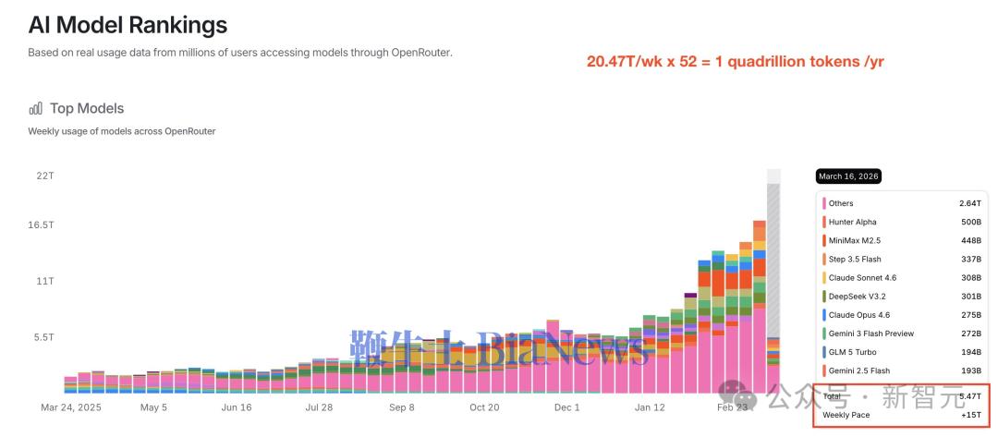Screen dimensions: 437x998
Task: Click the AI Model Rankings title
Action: coord(128,25)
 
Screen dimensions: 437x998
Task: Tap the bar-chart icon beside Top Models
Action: coord(36,109)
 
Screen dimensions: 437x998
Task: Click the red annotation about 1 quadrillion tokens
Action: coord(736,61)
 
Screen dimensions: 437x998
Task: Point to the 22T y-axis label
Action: coord(45,176)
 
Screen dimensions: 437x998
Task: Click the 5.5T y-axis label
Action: coord(44,338)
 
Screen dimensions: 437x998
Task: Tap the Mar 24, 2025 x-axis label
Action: coord(71,407)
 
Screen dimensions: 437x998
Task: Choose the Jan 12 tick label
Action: coord(649,407)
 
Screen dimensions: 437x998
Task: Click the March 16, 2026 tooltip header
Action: coord(849,176)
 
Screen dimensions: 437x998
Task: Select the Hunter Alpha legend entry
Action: coord(852,222)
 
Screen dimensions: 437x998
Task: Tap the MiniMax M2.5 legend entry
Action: coord(855,240)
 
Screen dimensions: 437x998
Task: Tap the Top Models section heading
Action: coord(87,109)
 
